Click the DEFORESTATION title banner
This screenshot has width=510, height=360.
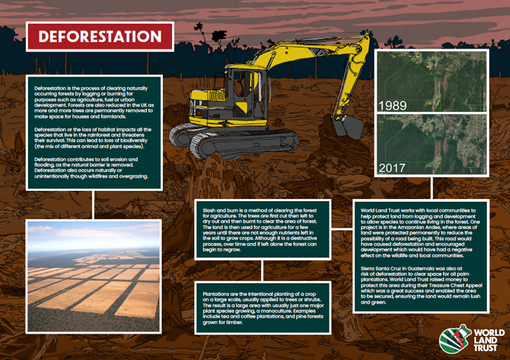click(x=99, y=36)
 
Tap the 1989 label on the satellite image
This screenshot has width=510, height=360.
click(x=392, y=106)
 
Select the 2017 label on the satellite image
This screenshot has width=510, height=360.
click(x=392, y=168)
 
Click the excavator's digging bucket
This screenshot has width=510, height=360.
click(x=343, y=126)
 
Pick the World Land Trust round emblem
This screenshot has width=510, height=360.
click(x=453, y=339)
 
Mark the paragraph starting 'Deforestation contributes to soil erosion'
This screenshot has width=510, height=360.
click(x=91, y=168)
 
